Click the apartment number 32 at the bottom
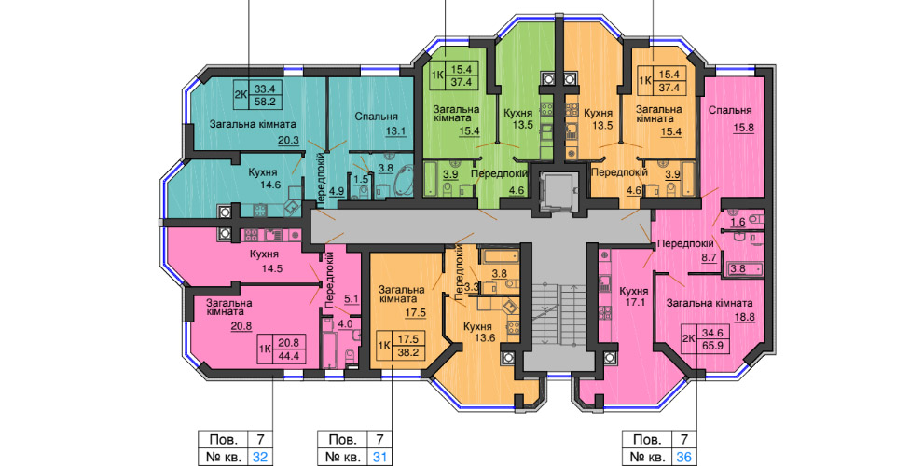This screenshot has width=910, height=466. click(260, 457)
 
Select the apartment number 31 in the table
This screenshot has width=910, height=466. click(379, 457)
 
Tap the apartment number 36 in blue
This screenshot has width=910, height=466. click(684, 457)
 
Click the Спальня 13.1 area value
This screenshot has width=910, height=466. click(396, 131)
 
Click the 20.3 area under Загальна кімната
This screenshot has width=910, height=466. click(288, 139)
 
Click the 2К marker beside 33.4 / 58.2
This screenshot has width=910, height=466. click(241, 94)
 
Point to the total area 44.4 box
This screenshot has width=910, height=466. click(289, 356)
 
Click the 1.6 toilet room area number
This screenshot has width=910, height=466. click(738, 222)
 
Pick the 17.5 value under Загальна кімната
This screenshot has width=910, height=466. click(416, 312)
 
